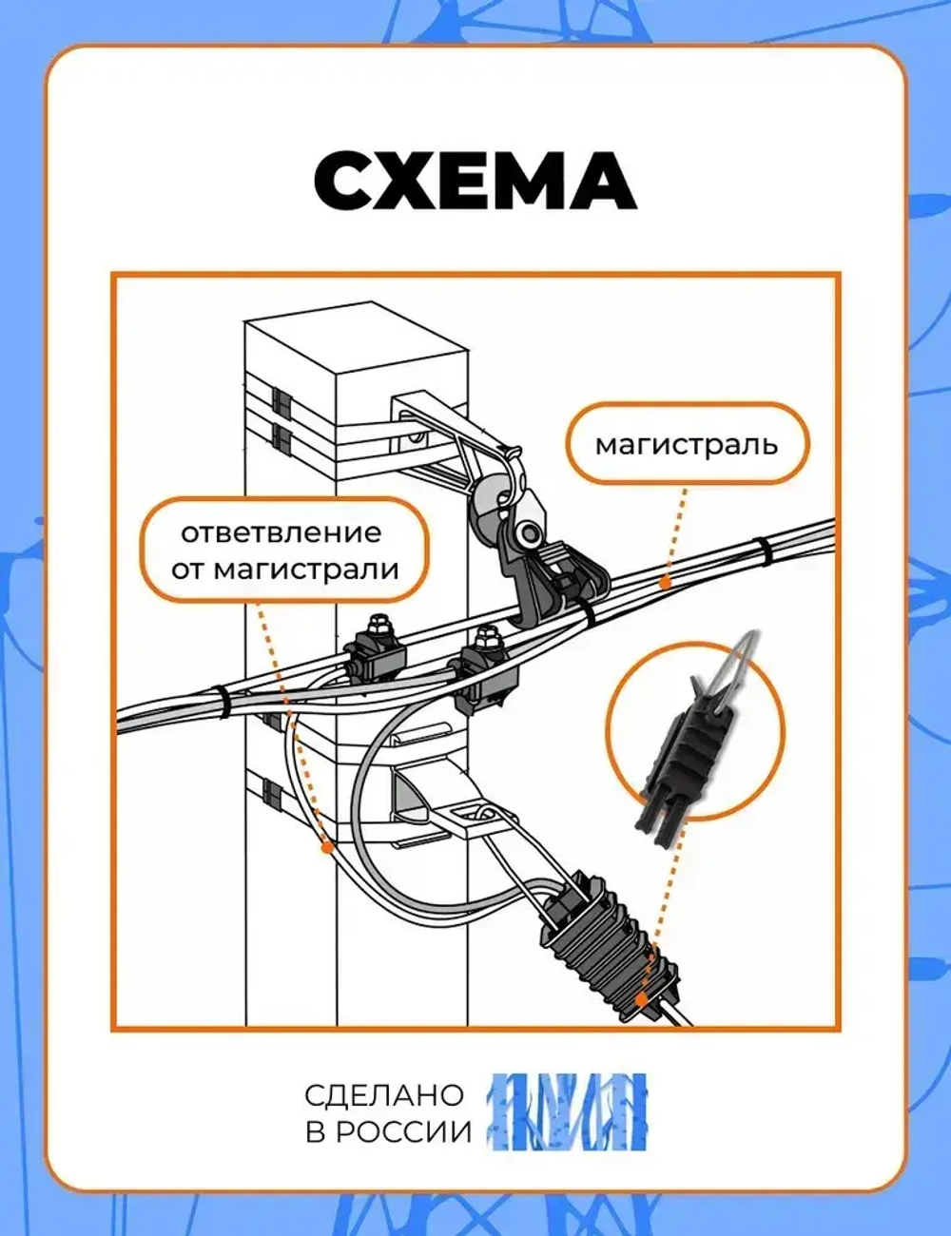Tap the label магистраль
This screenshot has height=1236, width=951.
tap(687, 444)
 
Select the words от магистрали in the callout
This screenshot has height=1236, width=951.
tap(285, 570)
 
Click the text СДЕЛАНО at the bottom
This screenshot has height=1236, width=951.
tap(384, 1094)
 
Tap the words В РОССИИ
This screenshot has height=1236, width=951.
tap(388, 1132)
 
